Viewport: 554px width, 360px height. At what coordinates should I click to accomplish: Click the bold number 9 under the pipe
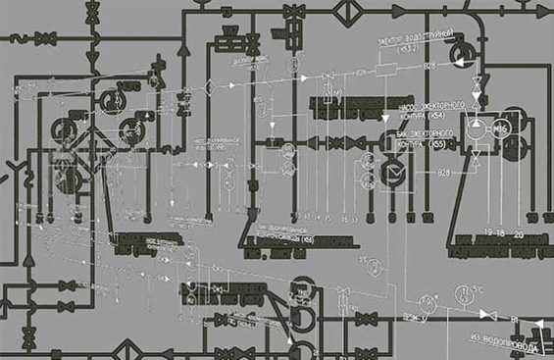(391, 216)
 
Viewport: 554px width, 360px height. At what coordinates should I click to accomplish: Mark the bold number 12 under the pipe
(427, 216)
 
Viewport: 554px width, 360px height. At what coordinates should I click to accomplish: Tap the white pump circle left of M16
(475, 128)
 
